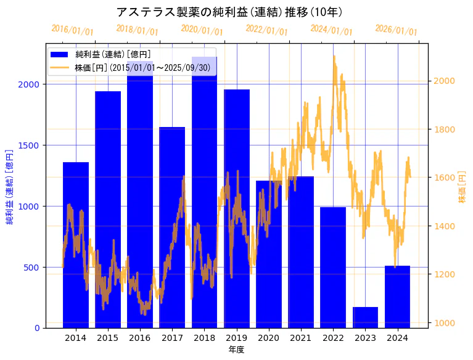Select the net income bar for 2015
[x=108, y=210]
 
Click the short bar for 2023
[x=365, y=317]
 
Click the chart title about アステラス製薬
[x=229, y=12]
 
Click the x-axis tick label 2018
[x=204, y=338]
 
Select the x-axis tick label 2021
[x=301, y=338]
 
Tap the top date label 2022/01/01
[x=266, y=30]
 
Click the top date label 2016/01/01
[x=72, y=30]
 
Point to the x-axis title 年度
[x=236, y=350]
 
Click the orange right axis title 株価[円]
[x=462, y=187]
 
